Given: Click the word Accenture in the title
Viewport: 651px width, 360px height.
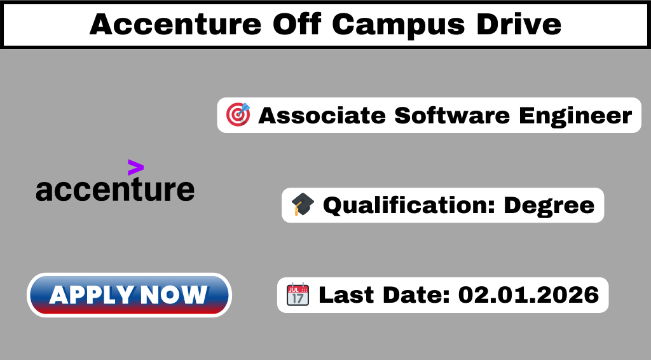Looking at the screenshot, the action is [x=175, y=24].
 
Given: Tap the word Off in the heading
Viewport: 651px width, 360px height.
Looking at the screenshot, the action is [x=297, y=24].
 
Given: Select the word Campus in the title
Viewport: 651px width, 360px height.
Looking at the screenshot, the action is [x=398, y=25].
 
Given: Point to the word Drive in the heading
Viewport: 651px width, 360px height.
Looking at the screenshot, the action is [x=519, y=24].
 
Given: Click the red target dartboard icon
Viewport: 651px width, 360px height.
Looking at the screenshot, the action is [x=238, y=114].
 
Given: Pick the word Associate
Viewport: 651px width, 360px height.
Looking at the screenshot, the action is [x=322, y=115].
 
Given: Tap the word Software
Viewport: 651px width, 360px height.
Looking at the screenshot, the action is [x=452, y=115].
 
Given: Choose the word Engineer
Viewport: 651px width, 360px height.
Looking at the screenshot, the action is [x=575, y=116].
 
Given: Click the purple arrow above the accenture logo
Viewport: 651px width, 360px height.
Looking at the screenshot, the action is [x=136, y=167].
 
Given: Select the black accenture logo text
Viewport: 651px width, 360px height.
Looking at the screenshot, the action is [x=115, y=190].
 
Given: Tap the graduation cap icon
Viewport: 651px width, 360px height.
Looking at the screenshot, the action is [x=303, y=204].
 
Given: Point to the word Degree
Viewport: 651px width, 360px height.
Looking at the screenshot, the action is [x=549, y=206].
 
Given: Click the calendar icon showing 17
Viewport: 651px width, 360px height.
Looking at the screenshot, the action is [x=298, y=294].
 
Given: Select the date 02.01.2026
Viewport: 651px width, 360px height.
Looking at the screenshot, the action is [x=528, y=295].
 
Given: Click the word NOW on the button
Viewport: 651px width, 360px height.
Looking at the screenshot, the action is [x=174, y=295].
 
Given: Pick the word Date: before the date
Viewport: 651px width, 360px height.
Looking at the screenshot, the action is [x=416, y=295].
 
